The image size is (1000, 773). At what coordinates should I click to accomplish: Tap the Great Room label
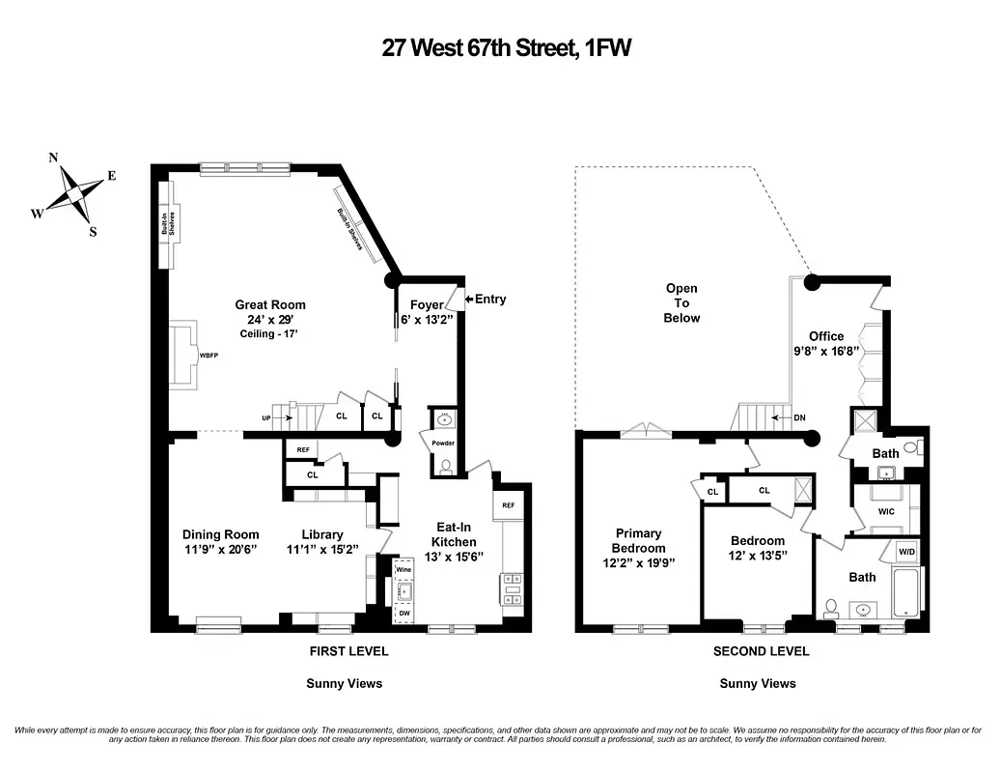click(270, 304)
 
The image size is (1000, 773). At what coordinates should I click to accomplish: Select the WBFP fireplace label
click(208, 355)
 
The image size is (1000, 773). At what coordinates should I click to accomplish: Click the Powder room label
click(443, 444)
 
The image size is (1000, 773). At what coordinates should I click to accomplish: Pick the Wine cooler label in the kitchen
click(404, 570)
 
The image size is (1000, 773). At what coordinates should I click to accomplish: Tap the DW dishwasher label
click(404, 614)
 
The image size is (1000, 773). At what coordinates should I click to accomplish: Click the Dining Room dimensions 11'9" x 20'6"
click(221, 551)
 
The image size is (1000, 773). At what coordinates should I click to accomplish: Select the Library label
click(322, 534)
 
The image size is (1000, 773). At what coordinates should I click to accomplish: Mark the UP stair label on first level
click(265, 417)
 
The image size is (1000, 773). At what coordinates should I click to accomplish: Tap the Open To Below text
click(681, 302)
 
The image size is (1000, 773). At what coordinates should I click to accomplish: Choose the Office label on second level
click(826, 336)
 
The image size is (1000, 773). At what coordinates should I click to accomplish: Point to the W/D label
click(907, 554)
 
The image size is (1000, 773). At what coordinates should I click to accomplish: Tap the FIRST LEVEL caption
click(348, 651)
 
